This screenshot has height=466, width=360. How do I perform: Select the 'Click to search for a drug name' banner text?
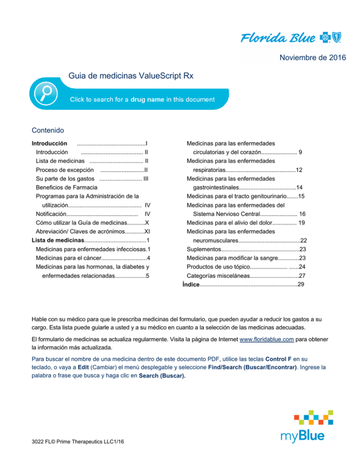(x=142, y=99)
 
